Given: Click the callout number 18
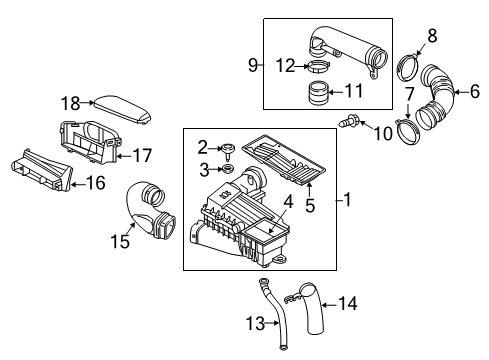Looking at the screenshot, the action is (x=70, y=103).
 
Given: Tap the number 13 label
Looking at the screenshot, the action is (x=255, y=323).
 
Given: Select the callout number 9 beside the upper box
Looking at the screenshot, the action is (x=253, y=65).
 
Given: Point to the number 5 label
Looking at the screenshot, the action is (x=310, y=205).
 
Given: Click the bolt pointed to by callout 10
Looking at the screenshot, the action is (x=347, y=120).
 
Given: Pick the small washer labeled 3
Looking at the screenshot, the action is (x=227, y=168).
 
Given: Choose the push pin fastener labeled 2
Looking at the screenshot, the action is (x=228, y=150).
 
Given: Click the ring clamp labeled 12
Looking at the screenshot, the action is (x=317, y=66).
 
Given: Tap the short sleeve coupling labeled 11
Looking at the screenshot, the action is (x=318, y=93).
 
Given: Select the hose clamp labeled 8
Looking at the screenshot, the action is (x=408, y=67).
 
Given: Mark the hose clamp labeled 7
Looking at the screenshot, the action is (x=407, y=133).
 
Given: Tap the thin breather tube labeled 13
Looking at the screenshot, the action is (x=271, y=312).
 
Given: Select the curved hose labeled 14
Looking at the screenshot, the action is (x=311, y=308).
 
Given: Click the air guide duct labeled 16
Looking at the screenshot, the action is (x=42, y=171).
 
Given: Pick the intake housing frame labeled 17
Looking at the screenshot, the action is (x=89, y=142).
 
